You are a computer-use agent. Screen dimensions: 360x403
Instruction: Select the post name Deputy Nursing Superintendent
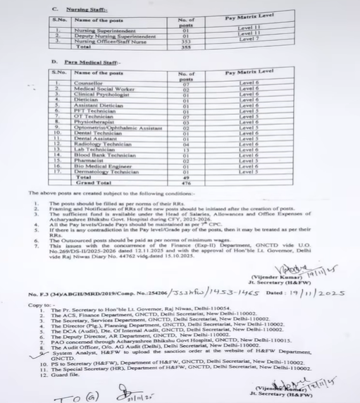click(x=115, y=36)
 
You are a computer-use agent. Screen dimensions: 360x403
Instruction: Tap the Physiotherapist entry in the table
click(x=95, y=120)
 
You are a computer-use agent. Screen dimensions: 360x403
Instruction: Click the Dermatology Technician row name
click(x=104, y=171)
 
